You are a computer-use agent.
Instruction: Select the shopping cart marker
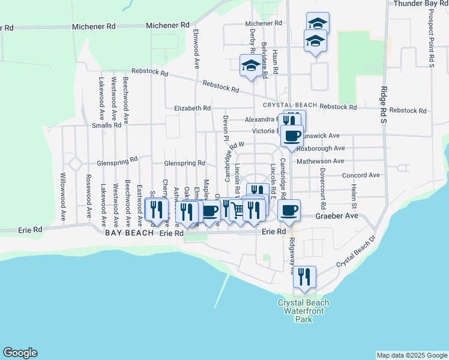238,210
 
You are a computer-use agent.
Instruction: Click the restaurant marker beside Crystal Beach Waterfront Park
304,277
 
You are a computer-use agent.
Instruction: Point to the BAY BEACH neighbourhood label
126,233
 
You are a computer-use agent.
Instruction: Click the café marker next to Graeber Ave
289,211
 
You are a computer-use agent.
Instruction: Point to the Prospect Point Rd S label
431,39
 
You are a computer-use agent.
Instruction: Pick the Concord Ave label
361,175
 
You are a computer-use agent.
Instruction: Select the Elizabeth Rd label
192,109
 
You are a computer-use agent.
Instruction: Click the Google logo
20,353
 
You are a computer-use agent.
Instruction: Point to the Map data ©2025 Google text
411,355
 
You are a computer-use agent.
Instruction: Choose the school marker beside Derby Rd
251,67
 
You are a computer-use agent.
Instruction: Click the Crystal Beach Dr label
355,251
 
